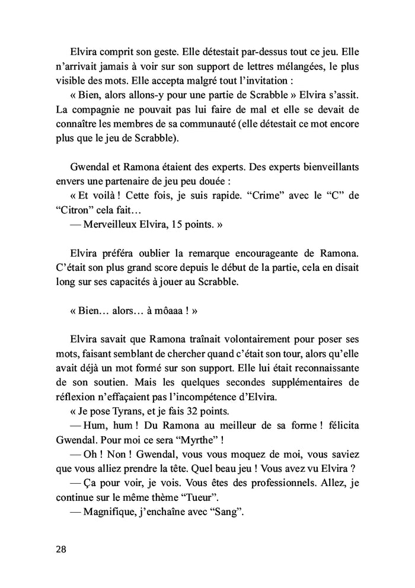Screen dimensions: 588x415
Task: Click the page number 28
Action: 60,549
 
